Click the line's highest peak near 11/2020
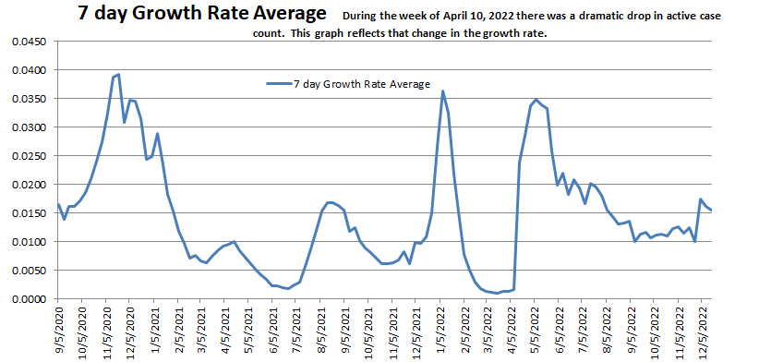pos(118,75)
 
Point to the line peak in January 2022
pos(443,91)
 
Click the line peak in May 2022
pos(536,100)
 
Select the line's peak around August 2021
pos(330,202)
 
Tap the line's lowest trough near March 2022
pos(498,293)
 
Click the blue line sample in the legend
pos(278,84)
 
